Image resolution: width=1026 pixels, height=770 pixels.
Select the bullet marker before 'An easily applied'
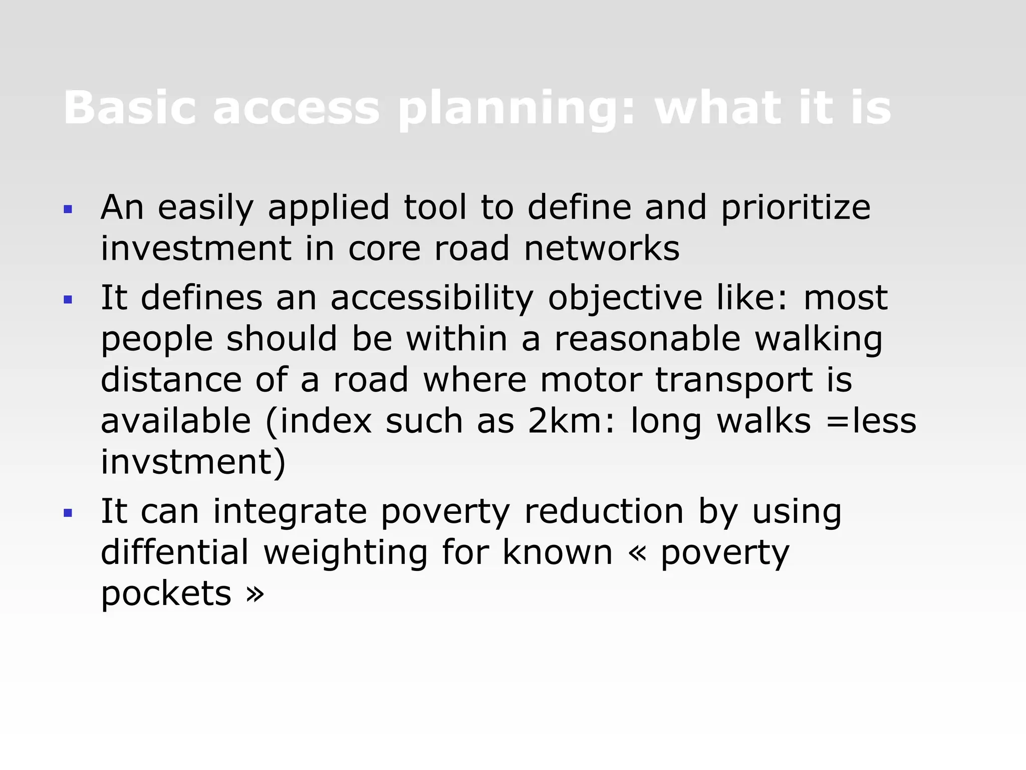68,209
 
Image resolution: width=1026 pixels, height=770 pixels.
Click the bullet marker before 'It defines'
68,300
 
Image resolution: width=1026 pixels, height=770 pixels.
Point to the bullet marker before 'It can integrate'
68,513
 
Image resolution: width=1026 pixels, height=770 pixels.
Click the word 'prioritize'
796,208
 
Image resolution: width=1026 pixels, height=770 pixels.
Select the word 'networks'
602,249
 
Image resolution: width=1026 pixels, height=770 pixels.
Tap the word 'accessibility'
432,298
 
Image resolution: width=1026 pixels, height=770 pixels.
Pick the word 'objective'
625,299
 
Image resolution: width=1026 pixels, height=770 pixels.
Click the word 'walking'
819,339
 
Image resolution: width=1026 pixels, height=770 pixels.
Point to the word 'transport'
734,380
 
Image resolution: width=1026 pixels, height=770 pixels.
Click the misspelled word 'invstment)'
193,462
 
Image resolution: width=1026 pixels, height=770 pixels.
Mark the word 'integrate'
290,512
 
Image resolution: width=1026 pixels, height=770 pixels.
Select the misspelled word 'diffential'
175,552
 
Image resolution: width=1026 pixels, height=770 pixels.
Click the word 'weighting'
346,553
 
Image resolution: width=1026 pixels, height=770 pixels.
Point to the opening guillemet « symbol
637,553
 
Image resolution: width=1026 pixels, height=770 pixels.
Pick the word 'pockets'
166,595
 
